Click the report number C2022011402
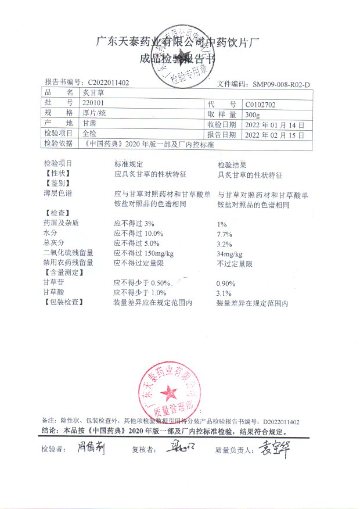(x=109, y=83)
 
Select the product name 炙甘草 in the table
(x=91, y=92)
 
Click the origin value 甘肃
(x=89, y=124)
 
